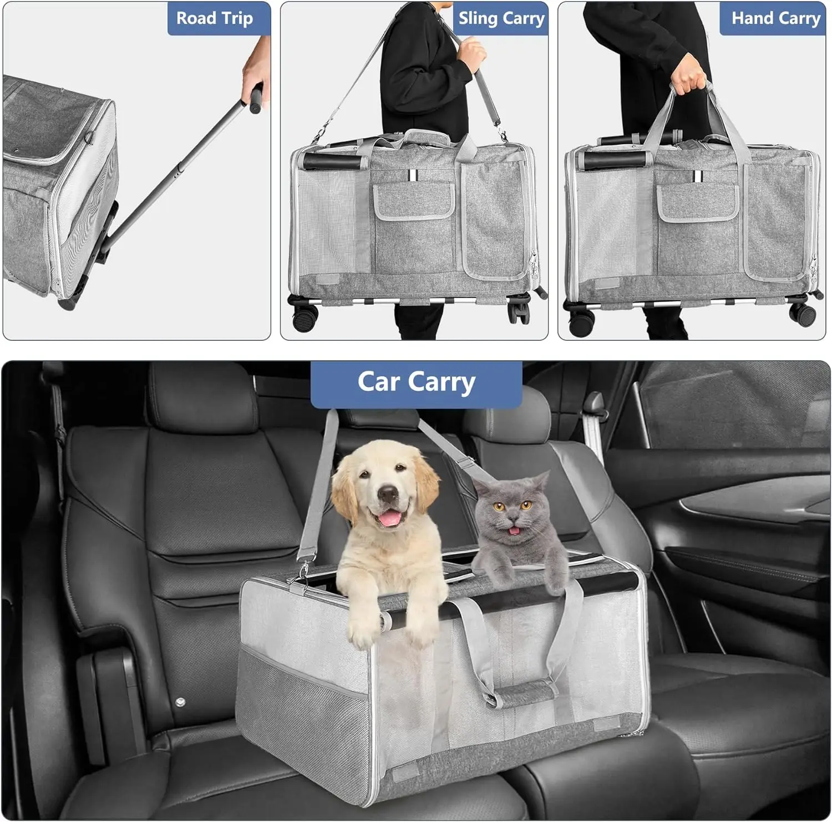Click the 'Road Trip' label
(215, 18)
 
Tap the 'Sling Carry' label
(501, 18)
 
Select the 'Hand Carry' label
(775, 18)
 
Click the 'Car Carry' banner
(416, 383)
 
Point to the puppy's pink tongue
(392, 518)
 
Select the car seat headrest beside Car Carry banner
(200, 397)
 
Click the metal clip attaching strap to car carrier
(303, 572)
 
